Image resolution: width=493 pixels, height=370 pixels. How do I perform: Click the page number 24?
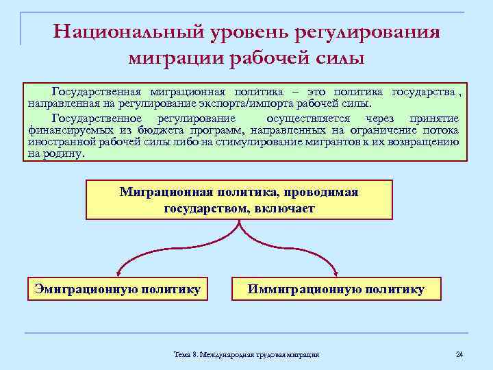tap(459, 354)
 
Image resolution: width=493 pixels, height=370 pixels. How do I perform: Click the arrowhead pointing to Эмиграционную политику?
tap(119, 271)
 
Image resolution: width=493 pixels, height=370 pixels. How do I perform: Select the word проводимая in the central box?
tap(318, 192)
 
